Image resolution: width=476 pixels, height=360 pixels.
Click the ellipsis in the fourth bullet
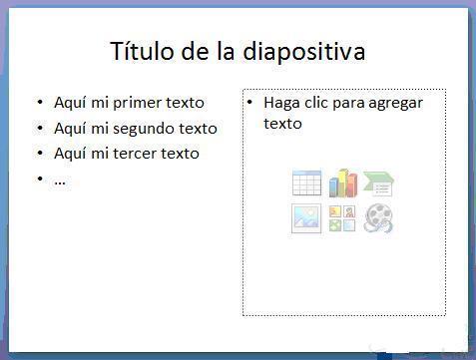point(60,180)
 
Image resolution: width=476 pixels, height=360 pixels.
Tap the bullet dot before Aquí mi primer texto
point(40,103)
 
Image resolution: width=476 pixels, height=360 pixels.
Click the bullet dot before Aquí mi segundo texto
point(40,129)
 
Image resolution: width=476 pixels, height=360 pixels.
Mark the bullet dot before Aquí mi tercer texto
point(40,154)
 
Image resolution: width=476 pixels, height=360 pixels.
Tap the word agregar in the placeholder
point(395,104)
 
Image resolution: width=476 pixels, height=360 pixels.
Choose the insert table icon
point(306,183)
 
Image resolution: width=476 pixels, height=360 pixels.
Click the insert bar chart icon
point(342,183)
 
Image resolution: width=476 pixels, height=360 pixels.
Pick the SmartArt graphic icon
point(379,183)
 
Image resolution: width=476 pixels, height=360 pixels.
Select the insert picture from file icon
point(306,218)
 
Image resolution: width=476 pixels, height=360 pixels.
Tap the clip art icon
point(342,218)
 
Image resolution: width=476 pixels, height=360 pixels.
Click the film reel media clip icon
point(379,218)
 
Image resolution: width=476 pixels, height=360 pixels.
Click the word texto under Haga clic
point(282,124)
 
